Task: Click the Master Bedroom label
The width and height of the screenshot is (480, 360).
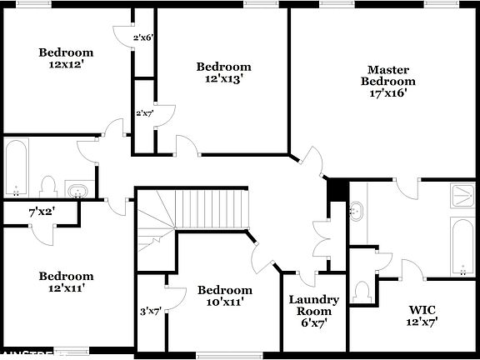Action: pyautogui.click(x=387, y=75)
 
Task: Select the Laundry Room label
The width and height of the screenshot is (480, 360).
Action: pyautogui.click(x=313, y=305)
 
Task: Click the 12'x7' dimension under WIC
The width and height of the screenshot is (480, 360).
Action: pyautogui.click(x=422, y=320)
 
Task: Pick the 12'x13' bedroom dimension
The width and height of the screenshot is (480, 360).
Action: pyautogui.click(x=223, y=79)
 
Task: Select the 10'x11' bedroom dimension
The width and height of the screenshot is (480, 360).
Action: pyautogui.click(x=224, y=302)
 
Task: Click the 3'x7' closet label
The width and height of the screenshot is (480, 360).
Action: pyautogui.click(x=151, y=312)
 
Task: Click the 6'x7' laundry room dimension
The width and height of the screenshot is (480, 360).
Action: pyautogui.click(x=313, y=322)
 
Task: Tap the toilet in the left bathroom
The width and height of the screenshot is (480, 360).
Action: pyautogui.click(x=48, y=185)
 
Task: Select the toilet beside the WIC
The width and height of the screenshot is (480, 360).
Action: pyautogui.click(x=362, y=292)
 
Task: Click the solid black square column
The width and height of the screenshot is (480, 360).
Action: pyautogui.click(x=336, y=189)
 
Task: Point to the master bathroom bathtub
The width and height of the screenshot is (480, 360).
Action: pyautogui.click(x=462, y=246)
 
